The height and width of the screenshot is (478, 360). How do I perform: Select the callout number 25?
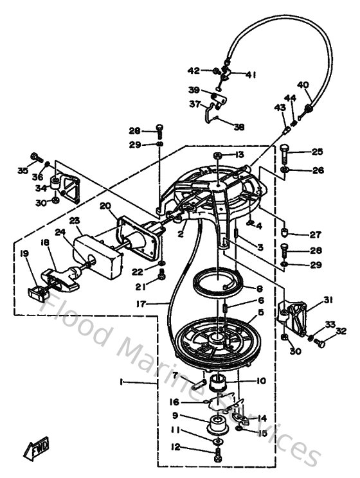(317, 152)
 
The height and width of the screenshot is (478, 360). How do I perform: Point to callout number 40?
(303, 85)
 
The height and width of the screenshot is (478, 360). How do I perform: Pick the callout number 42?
(194, 71)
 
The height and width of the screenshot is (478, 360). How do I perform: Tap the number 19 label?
(25, 254)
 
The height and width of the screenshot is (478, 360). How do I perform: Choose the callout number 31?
(328, 300)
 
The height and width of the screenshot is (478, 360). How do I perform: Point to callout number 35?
(22, 171)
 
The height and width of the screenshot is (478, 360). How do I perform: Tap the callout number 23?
(75, 221)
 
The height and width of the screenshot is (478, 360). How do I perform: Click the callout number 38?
(239, 127)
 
